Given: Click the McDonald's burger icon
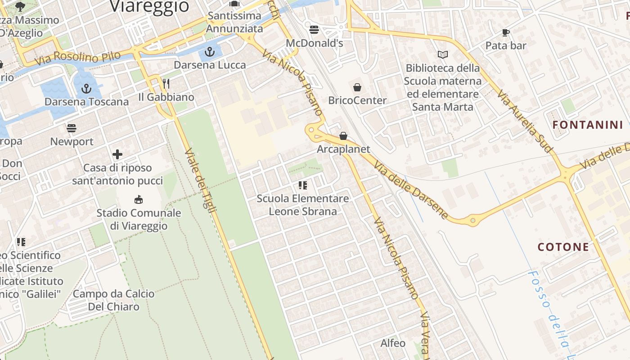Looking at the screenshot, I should coord(314,30).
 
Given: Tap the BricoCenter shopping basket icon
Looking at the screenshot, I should coord(357,87).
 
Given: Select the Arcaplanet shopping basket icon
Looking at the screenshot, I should coord(343,135).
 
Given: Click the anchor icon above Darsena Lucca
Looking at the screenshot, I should coord(210,52).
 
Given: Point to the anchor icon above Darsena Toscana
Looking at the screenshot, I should coord(86,89).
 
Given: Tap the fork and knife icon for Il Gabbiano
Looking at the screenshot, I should coord(166,83).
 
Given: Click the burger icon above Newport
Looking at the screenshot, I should coord(72,128).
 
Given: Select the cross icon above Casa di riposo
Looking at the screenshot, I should coord(117,155).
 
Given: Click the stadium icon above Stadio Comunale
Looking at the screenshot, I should coord(139,199).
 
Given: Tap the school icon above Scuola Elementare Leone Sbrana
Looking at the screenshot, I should coord(302,185).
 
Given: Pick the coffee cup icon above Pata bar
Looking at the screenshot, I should coord(506,32).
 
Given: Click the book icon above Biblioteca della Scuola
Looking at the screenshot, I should coord(443,54).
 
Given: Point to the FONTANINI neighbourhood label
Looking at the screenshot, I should coord(587,125).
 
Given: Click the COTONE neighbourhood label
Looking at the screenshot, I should coord(563,247).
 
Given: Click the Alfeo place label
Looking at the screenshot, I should coord(393,343).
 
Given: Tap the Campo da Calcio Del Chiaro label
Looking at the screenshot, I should coord(113,300).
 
